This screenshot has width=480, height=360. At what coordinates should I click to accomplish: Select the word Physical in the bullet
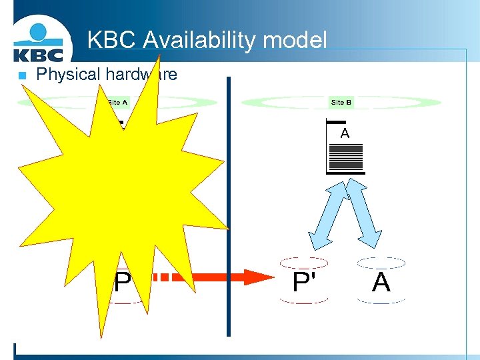pyautogui.click(x=67, y=74)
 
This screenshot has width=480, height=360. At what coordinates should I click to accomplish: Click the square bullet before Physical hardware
pyautogui.click(x=21, y=75)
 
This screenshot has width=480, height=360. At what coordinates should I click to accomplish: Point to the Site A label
pyautogui.click(x=117, y=102)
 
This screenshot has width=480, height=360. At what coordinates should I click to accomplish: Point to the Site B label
pyautogui.click(x=341, y=102)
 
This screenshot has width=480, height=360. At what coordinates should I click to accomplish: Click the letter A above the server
pyautogui.click(x=345, y=133)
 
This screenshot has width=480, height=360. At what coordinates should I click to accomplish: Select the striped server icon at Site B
pyautogui.click(x=345, y=159)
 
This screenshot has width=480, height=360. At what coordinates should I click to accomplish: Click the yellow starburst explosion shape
pyautogui.click(x=120, y=193)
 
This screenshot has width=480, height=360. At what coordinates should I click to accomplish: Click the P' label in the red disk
pyautogui.click(x=304, y=282)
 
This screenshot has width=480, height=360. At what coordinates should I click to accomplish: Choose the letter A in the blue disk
pyautogui.click(x=381, y=282)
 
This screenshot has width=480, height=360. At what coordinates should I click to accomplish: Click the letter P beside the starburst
pyautogui.click(x=122, y=283)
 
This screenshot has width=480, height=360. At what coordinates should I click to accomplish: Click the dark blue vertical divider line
pyautogui.click(x=228, y=207)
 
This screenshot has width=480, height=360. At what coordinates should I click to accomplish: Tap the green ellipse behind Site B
pyautogui.click(x=400, y=103)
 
